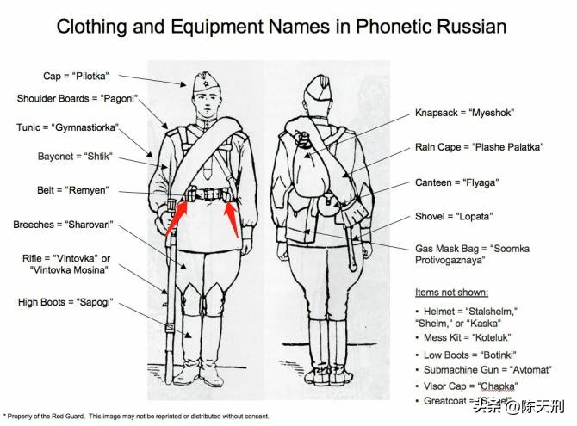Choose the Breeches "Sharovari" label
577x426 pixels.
(65, 225)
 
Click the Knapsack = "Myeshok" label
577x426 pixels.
(466, 113)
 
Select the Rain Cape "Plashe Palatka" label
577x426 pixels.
(479, 147)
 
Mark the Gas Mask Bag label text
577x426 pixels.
(472, 254)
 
